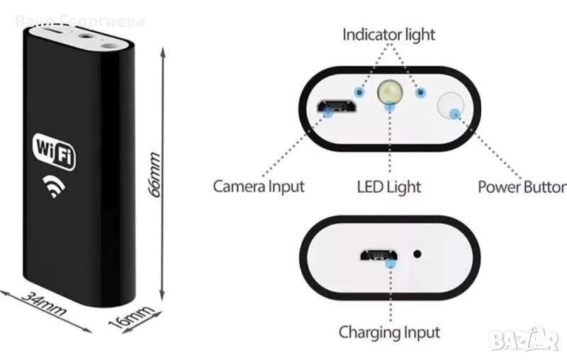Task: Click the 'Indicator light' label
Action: (x=388, y=33)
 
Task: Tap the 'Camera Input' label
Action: (x=259, y=186)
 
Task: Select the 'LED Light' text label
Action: (x=389, y=186)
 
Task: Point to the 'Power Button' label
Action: (x=522, y=187)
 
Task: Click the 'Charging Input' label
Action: (x=389, y=332)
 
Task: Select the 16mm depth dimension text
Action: (x=132, y=312)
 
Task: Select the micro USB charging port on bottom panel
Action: (x=377, y=255)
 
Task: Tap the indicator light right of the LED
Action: (x=420, y=93)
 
